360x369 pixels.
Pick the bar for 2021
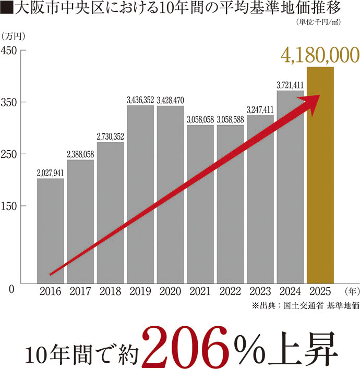200,204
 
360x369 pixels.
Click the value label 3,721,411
290,85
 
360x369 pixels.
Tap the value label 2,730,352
110,137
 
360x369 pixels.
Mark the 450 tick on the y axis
9,50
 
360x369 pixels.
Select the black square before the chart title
6,9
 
